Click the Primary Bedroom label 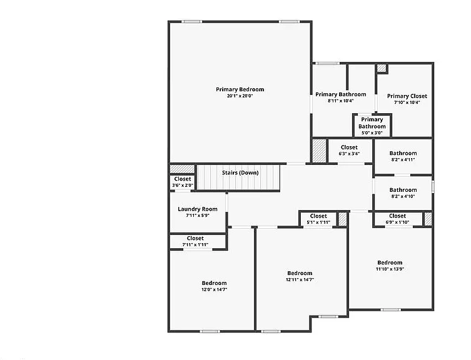[240, 89]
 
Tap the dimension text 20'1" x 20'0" [240, 96]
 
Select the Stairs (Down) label [240, 172]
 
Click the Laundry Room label [198, 209]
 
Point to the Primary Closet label [407, 96]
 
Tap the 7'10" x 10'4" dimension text [407, 102]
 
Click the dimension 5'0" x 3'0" [372, 132]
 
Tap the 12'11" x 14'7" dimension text [300, 280]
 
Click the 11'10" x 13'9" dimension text [390, 269]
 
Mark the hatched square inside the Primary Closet [382, 68]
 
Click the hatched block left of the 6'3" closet [319, 151]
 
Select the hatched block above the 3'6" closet [182, 169]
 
